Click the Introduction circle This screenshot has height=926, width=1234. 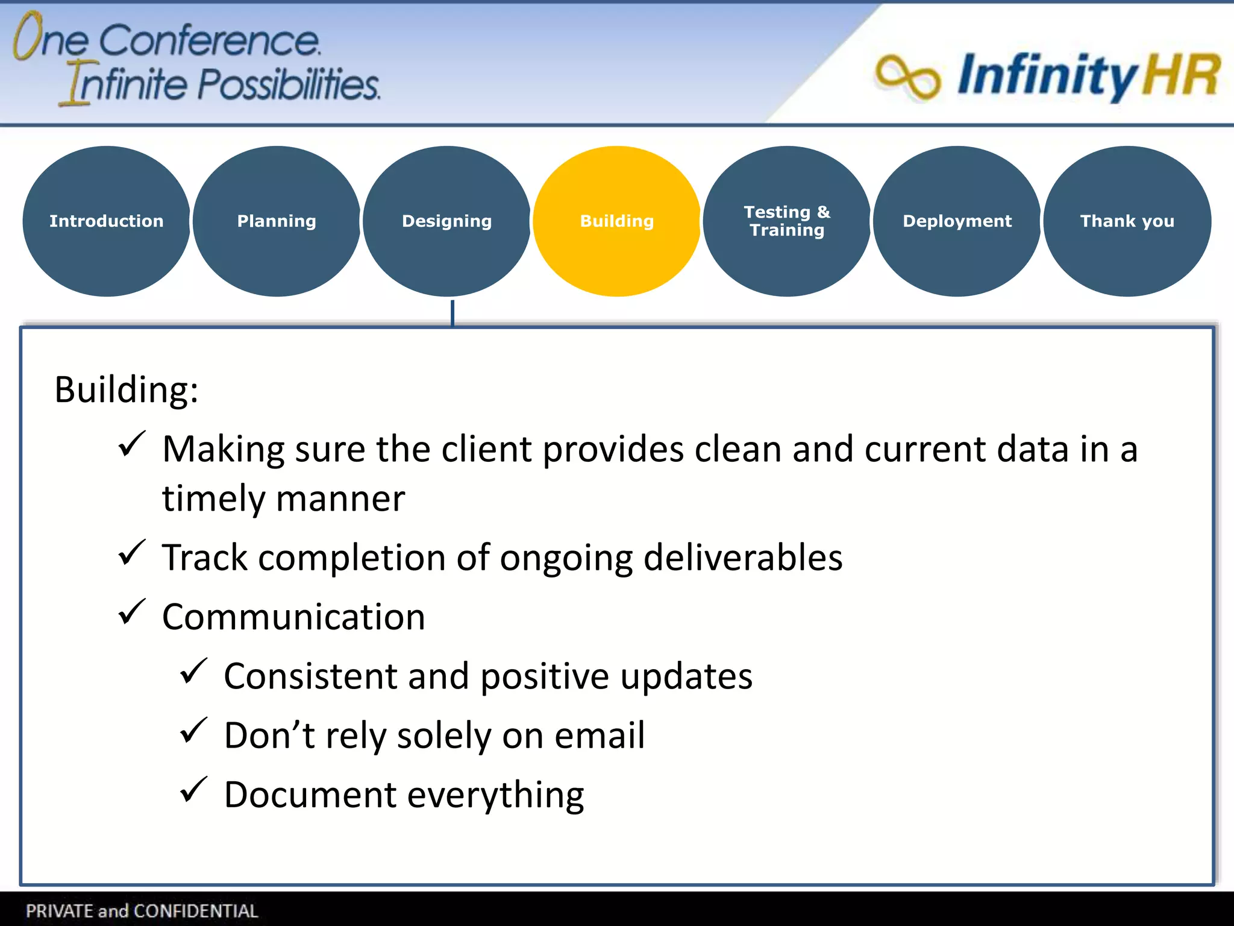(x=106, y=221)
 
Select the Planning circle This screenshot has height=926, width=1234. (x=277, y=221)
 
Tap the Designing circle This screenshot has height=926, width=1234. (x=446, y=221)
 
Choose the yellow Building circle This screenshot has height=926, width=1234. (x=616, y=221)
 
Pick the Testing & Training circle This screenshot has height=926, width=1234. (x=786, y=221)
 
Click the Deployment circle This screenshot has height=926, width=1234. (x=957, y=221)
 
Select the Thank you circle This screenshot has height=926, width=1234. (x=1127, y=221)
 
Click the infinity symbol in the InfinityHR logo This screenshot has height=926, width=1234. (x=907, y=77)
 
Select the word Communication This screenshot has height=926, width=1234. (x=293, y=617)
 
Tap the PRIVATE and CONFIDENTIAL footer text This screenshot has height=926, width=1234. (x=142, y=910)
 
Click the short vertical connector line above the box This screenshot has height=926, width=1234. (x=453, y=313)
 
